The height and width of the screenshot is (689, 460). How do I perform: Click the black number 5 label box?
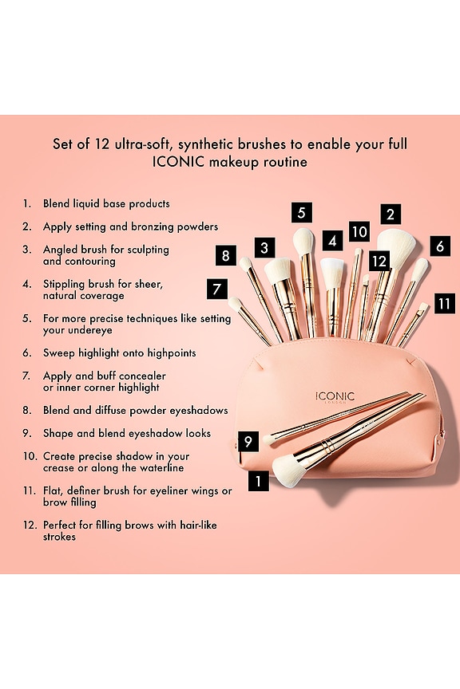(x=302, y=213)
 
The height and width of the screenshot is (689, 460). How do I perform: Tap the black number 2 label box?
(x=391, y=215)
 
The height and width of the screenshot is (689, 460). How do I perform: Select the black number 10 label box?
(x=359, y=231)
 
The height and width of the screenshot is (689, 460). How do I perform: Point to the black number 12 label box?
(x=379, y=261)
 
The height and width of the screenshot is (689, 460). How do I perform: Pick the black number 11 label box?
(x=445, y=303)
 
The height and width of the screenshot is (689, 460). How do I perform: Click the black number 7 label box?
(x=217, y=289)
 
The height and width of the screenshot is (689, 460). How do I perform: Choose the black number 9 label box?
(x=248, y=441)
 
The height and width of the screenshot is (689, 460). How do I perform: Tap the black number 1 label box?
(x=259, y=480)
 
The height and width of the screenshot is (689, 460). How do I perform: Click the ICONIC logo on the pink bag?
(x=335, y=397)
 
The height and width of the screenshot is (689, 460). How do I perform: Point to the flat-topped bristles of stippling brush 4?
(x=332, y=273)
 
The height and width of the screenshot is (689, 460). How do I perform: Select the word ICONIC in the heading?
(x=178, y=162)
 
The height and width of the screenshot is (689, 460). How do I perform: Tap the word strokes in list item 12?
(x=59, y=537)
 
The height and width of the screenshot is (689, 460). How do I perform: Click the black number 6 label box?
(x=440, y=246)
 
